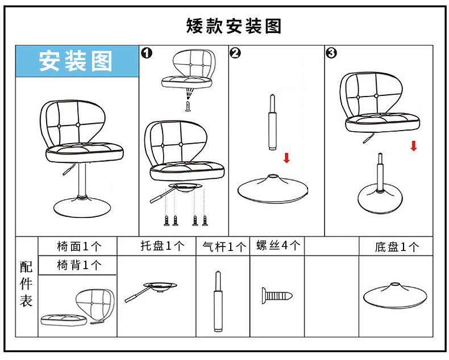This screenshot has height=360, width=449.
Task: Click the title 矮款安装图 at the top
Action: (234, 26)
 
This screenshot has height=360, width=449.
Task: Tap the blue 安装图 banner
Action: (76, 61)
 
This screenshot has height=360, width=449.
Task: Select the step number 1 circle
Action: (147, 53)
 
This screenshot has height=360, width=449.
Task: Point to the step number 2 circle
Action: (235, 53)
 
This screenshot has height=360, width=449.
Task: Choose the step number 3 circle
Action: (331, 53)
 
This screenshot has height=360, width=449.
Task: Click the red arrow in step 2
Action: (286, 158)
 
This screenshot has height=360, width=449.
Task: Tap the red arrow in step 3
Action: (414, 145)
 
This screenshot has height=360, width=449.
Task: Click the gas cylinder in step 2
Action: (273, 124)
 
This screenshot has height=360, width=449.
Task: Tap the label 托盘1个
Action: (163, 246)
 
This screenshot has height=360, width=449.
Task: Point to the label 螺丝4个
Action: (278, 246)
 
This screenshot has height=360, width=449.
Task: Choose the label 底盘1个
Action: (397, 247)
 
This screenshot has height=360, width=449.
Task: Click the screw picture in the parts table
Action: (277, 295)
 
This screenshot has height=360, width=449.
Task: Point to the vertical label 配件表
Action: (26, 283)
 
